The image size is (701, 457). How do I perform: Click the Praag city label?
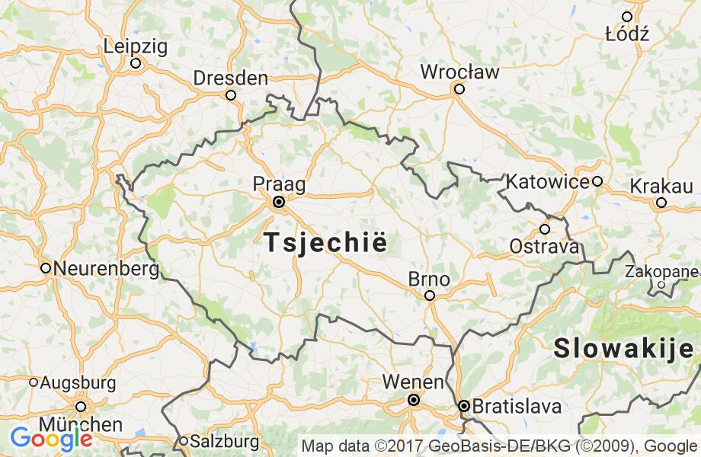pos(279,184)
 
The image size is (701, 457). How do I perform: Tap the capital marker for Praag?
pos(279,202)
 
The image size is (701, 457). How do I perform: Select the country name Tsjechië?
pos(325,243)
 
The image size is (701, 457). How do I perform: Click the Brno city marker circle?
pos(430,296)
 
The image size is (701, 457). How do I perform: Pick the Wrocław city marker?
pos(459,89)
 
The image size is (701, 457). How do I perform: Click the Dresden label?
pos(230,78)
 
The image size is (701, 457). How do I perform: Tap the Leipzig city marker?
pos(136,63)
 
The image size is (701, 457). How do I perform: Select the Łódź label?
pos(626,34)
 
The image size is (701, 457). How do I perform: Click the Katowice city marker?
pos(597,181)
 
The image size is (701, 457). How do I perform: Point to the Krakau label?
pos(661,186)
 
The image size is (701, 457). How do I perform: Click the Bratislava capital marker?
pos(463,406)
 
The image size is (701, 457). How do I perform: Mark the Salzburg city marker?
pos(184,441)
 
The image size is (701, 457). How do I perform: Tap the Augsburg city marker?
pos(34,382)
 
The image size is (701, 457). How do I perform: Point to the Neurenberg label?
pos(106,269)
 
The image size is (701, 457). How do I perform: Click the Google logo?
pos(51,439)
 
